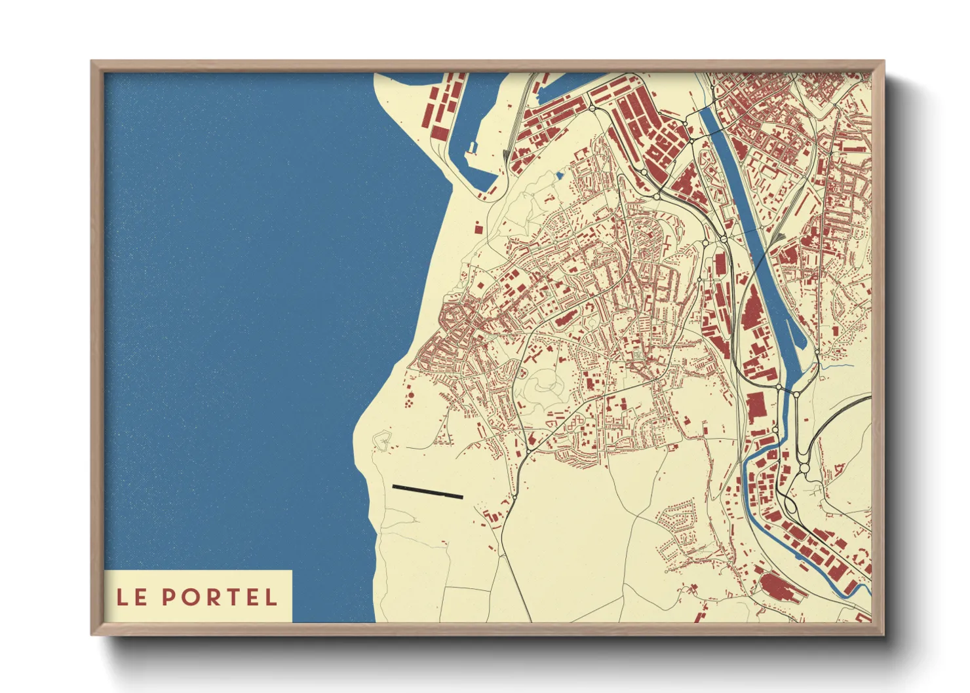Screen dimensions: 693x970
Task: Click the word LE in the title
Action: [131, 597]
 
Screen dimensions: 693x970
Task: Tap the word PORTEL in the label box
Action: [220, 597]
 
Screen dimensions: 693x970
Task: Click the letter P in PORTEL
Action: [168, 597]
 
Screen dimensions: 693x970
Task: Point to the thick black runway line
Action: [427, 492]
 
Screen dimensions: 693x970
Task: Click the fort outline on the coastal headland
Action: [381, 440]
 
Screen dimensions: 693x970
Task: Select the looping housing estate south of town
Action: [678, 524]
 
